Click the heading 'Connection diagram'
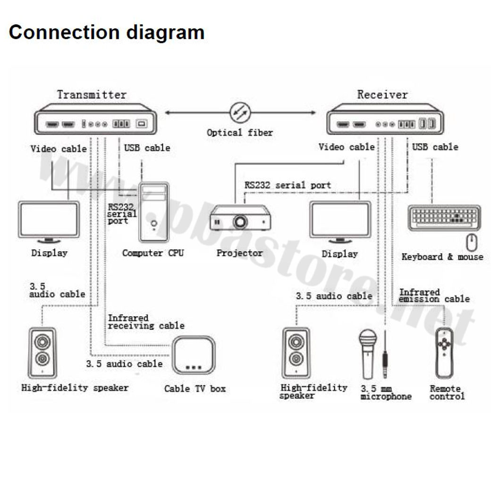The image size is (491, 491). [x=107, y=32]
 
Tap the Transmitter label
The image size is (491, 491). [x=92, y=94]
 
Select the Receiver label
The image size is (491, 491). [x=382, y=94]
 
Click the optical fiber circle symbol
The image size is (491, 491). [x=240, y=113]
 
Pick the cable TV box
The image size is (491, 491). [x=193, y=356]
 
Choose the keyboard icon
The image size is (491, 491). [x=444, y=217]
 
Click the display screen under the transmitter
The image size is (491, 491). [x=49, y=220]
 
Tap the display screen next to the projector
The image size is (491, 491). [x=340, y=220]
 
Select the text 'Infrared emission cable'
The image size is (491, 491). [x=434, y=296]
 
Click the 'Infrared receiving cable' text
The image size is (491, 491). [x=146, y=322]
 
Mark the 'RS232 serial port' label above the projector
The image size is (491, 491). [x=288, y=185]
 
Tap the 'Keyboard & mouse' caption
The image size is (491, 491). [x=442, y=257]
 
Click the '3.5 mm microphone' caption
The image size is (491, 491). [x=386, y=393]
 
